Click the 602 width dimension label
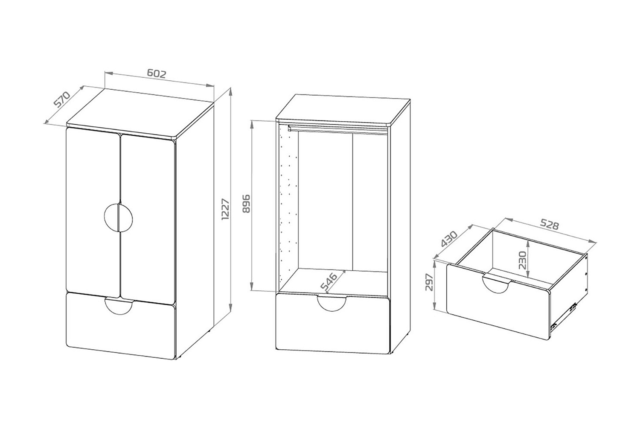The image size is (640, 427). (157, 74)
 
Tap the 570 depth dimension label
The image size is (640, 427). (62, 99)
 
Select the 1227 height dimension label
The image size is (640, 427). (225, 209)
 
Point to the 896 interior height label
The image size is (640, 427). (246, 204)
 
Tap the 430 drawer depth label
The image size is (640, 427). (449, 239)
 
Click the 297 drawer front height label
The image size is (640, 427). (429, 282)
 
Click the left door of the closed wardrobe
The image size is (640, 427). (93, 212)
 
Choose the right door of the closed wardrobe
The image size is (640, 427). (148, 219)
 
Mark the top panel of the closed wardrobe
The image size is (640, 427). (140, 113)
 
